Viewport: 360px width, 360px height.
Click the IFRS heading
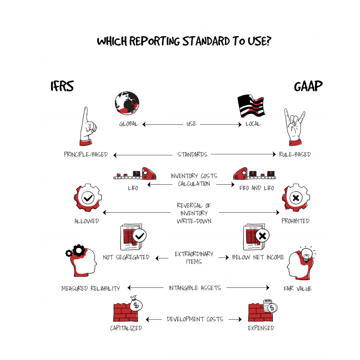tap(62, 86)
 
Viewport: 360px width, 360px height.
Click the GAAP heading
tap(308, 86)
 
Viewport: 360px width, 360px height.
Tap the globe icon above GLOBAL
tap(127, 103)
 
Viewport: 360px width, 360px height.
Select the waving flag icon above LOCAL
tap(251, 106)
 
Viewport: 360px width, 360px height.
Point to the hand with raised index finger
tap(88, 127)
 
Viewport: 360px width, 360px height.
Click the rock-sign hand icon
tap(294, 127)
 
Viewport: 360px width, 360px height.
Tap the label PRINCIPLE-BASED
tap(86, 154)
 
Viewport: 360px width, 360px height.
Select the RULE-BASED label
tap(295, 154)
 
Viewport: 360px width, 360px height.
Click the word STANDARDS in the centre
tap(192, 154)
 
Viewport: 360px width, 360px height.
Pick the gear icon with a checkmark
tap(88, 197)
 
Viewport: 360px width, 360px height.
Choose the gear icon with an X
tap(296, 197)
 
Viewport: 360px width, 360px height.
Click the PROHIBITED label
tap(295, 221)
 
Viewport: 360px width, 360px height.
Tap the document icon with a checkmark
tap(133, 237)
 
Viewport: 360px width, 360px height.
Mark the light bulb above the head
tap(306, 255)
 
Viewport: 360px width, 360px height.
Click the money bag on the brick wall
tap(136, 303)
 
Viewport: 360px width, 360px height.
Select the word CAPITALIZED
tap(126, 328)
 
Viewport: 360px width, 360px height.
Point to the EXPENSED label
tap(261, 328)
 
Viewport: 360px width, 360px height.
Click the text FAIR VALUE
tap(298, 288)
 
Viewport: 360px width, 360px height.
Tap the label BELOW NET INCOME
tap(258, 257)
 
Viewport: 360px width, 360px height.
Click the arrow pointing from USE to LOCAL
tap(221, 124)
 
